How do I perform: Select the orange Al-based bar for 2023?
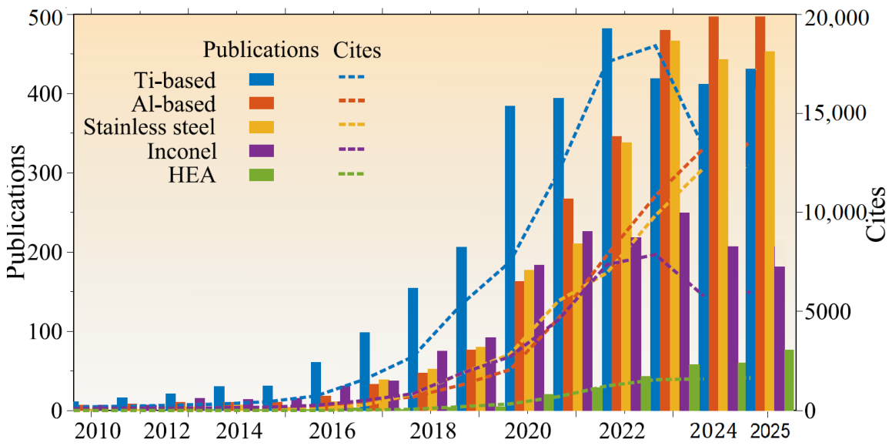664,220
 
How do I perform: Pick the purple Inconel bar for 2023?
684,311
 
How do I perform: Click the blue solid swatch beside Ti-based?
262,80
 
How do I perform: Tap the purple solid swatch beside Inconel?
262,151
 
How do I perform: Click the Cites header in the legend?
356,51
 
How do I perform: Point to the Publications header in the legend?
261,50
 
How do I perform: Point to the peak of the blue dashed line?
656,45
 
